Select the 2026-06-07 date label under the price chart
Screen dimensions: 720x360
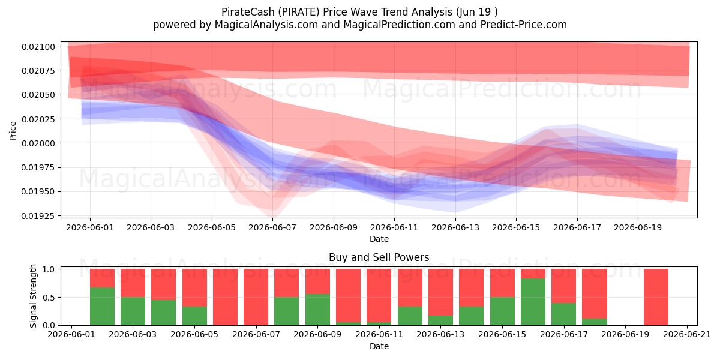pyautogui.click(x=272, y=227)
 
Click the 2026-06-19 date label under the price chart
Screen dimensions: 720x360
pyautogui.click(x=638, y=227)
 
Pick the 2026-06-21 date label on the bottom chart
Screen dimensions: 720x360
pyautogui.click(x=687, y=334)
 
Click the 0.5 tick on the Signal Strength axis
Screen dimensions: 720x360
pyautogui.click(x=49, y=298)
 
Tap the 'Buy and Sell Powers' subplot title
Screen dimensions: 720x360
pyautogui.click(x=379, y=257)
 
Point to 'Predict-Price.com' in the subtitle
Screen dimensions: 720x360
pyautogui.click(x=524, y=25)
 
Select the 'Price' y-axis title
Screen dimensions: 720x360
pyautogui.click(x=13, y=131)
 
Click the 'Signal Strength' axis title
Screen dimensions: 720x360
pyautogui.click(x=33, y=296)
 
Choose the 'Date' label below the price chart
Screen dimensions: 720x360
pyautogui.click(x=379, y=239)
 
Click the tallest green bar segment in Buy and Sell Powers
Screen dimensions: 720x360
pyautogui.click(x=533, y=302)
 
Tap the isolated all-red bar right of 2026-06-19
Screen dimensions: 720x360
pyautogui.click(x=656, y=297)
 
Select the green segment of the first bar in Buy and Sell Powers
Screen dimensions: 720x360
pyautogui.click(x=102, y=307)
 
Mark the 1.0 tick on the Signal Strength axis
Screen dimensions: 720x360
pyautogui.click(x=49, y=269)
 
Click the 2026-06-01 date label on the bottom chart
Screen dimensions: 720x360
pyautogui.click(x=71, y=334)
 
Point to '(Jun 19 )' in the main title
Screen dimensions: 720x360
pyautogui.click(x=476, y=12)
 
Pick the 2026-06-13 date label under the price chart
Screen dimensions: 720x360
pyautogui.click(x=455, y=227)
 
